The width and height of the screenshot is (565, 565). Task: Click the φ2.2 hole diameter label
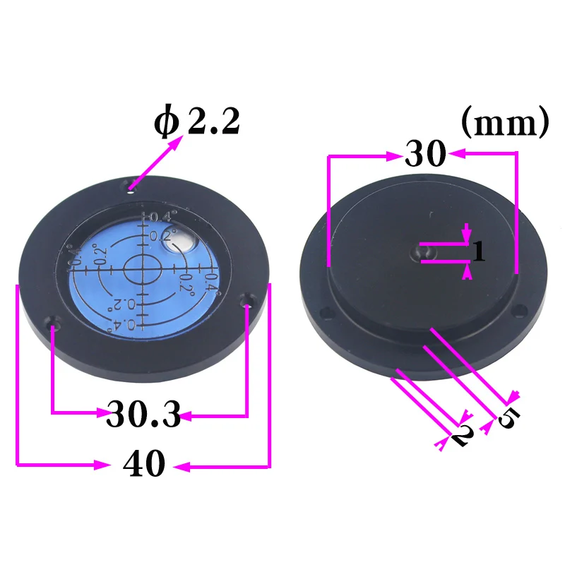[x=198, y=122]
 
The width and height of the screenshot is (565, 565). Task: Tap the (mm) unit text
[x=504, y=123]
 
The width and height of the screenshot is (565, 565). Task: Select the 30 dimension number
[x=425, y=153]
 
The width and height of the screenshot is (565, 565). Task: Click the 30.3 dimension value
[x=143, y=414]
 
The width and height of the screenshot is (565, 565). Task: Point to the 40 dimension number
[x=144, y=465]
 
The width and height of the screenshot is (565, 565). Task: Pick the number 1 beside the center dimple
[x=479, y=252]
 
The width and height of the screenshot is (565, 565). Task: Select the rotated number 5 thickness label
[x=507, y=418]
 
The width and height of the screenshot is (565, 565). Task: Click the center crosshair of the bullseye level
[x=143, y=268]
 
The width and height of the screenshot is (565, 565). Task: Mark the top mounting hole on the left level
[x=131, y=188]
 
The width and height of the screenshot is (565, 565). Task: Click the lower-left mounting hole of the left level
[x=54, y=326]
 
